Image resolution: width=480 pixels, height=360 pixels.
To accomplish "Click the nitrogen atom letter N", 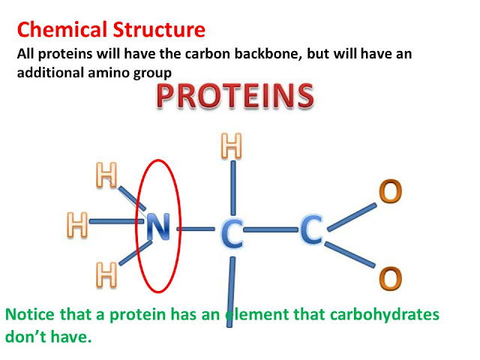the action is [158, 226].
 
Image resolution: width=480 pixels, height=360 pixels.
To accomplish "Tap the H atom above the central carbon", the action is [232, 145].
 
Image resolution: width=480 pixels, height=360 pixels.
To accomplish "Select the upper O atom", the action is [390, 191].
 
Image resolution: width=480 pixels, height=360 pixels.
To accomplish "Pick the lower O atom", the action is [390, 278].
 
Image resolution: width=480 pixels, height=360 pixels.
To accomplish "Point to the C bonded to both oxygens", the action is [311, 229].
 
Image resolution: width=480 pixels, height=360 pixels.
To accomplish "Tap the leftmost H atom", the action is [77, 225].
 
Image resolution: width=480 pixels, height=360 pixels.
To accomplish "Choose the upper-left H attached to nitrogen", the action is [106, 175].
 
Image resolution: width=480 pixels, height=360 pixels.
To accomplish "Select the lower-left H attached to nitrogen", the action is [106, 275].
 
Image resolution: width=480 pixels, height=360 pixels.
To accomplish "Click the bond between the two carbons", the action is [271, 229].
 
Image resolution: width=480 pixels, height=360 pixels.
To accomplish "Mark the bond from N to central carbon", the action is [196, 229].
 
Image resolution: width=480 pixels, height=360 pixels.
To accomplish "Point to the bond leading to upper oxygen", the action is [352, 217].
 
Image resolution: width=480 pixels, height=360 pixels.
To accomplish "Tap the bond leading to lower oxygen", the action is [350, 255].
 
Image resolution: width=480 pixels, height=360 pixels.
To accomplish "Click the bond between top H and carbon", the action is [233, 187].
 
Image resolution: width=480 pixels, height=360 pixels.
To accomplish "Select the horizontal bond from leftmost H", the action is [116, 221].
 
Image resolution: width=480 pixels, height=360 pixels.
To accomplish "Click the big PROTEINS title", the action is [235, 96].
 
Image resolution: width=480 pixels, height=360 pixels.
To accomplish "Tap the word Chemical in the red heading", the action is [62, 30].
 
